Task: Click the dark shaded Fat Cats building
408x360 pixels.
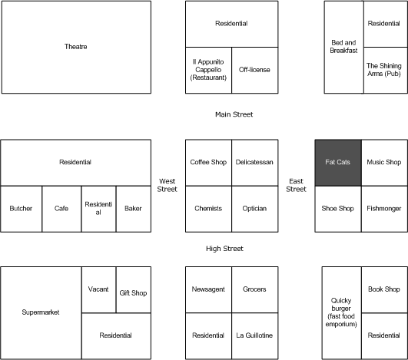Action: tap(338, 163)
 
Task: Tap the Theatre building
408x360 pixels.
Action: tap(75, 47)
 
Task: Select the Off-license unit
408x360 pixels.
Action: tap(254, 70)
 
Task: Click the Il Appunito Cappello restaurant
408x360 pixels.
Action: tap(208, 70)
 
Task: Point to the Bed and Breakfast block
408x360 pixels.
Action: tap(343, 47)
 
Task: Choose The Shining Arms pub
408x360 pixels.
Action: tap(384, 70)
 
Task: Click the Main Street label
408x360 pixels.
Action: tap(234, 114)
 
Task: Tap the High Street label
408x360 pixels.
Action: tap(225, 249)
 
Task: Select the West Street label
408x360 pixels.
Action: tap(168, 185)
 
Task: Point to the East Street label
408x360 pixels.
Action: tap(296, 185)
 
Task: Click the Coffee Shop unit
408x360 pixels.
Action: tap(208, 163)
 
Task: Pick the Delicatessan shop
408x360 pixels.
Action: tap(254, 163)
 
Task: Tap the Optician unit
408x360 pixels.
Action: tap(254, 209)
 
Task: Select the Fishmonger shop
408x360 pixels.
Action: tap(384, 209)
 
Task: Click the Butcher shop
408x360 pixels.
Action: tap(21, 209)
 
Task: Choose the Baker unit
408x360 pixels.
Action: tap(134, 209)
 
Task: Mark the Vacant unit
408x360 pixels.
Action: tap(98, 290)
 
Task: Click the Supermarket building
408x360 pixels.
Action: tap(40, 312)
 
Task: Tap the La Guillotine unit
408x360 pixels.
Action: tap(254, 335)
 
